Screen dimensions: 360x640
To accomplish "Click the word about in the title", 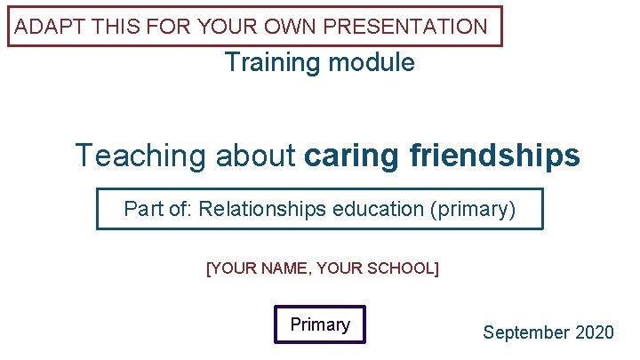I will click(256, 156).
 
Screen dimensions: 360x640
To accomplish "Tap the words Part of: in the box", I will click(158, 210).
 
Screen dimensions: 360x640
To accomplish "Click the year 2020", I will click(594, 333).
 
